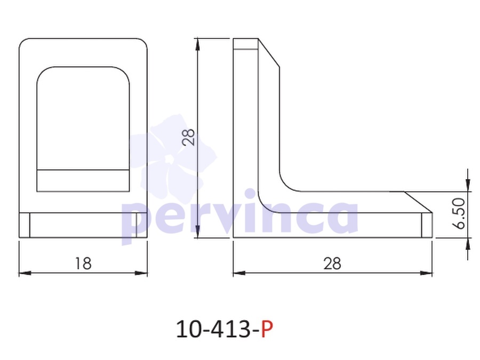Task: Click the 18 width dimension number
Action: coord(83,263)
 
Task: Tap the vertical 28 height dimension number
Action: coord(189,137)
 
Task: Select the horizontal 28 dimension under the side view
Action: coord(332,263)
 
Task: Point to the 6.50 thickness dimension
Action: coord(459,213)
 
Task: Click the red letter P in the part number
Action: coord(267,329)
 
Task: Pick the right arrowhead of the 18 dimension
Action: coord(141,273)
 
